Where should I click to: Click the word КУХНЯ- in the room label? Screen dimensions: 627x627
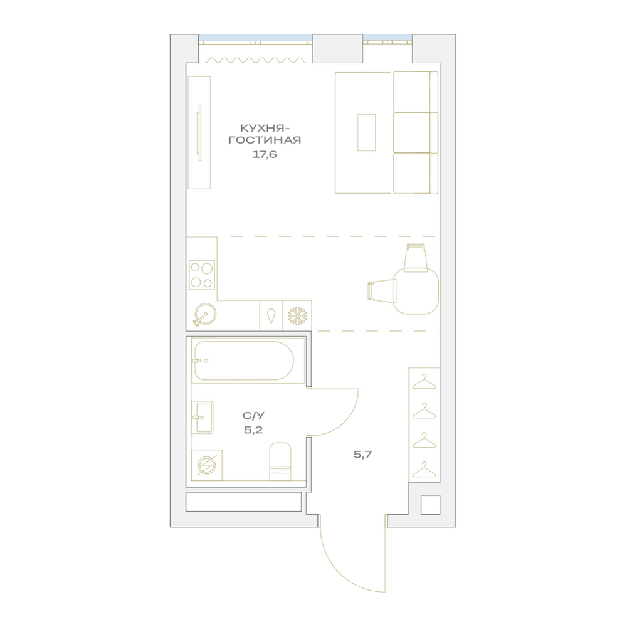[x=265, y=128]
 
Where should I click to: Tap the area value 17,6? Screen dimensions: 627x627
[x=265, y=155]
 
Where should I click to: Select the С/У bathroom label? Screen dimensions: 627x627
[x=253, y=416]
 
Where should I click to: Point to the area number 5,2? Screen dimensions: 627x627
[x=253, y=430]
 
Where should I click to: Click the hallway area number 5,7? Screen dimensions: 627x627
[x=362, y=454]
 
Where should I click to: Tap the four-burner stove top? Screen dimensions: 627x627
[x=201, y=275]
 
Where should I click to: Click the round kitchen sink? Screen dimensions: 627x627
[x=204, y=314]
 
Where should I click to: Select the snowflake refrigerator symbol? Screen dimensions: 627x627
[x=297, y=316]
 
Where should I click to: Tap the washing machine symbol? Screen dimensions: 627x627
[x=207, y=465]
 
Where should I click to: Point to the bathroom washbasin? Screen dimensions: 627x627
[x=203, y=418]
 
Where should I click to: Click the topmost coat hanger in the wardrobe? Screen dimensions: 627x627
[x=424, y=382]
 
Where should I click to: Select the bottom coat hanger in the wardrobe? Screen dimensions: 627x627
[x=424, y=470]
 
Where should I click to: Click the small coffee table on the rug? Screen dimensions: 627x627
[x=366, y=132]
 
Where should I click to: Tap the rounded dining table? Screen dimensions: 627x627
[x=416, y=291]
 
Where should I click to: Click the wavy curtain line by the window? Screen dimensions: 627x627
[x=256, y=60]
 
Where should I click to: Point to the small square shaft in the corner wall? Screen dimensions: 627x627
[x=430, y=505]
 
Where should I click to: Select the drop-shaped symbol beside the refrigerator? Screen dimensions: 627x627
[x=271, y=316]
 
